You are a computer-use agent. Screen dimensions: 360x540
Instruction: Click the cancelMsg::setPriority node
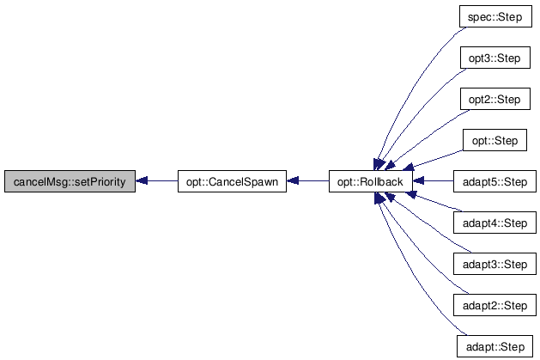click(69, 182)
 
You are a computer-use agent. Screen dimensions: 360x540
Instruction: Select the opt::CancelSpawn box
click(232, 182)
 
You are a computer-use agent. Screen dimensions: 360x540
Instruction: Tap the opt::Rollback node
click(371, 182)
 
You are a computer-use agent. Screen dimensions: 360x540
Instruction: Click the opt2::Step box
click(494, 100)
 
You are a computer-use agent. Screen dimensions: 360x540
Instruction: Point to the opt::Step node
click(494, 141)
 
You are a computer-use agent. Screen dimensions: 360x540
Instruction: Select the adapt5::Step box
click(494, 182)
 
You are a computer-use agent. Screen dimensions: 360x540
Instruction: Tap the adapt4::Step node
click(494, 223)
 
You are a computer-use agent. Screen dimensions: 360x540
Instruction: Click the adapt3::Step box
click(494, 265)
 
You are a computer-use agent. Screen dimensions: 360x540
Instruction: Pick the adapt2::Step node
click(494, 306)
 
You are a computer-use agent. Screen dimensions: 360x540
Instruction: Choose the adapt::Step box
click(494, 347)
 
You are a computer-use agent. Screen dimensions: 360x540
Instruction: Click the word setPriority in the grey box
click(94, 182)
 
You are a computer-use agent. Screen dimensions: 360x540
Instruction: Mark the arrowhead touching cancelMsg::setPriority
click(143, 182)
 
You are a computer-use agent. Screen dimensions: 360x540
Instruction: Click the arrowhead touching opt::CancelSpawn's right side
click(294, 182)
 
